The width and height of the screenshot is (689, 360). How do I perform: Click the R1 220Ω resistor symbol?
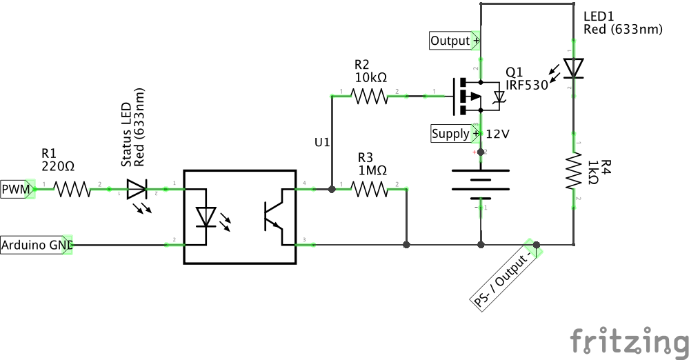pyautogui.click(x=72, y=188)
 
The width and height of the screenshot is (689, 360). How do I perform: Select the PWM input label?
pyautogui.click(x=17, y=188)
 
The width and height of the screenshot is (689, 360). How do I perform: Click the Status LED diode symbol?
pyautogui.click(x=137, y=188)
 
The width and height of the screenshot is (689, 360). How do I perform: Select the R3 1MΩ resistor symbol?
pyautogui.click(x=370, y=188)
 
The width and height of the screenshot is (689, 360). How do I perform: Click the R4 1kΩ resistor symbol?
pyautogui.click(x=574, y=170)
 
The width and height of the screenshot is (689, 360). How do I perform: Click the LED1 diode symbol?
pyautogui.click(x=574, y=68)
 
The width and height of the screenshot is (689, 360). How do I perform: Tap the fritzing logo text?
pyautogui.click(x=629, y=341)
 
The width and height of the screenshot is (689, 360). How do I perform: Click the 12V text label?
pyautogui.click(x=498, y=133)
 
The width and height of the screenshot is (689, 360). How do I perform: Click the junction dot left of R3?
pyautogui.click(x=332, y=188)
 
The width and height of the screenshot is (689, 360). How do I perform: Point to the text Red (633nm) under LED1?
pyautogui.click(x=622, y=29)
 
